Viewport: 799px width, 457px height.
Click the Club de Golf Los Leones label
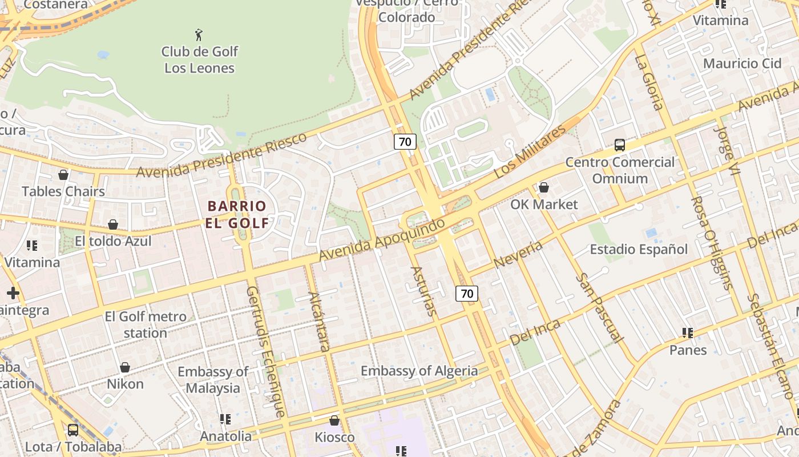(199, 59)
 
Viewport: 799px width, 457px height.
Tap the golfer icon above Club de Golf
(199, 34)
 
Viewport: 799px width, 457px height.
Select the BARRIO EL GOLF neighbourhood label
(237, 214)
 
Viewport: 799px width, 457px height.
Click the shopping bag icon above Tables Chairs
(63, 174)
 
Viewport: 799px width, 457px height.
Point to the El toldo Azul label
(113, 241)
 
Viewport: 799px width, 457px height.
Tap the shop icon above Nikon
(125, 367)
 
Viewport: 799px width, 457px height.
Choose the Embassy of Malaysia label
(213, 380)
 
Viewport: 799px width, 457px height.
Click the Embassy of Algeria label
(419, 371)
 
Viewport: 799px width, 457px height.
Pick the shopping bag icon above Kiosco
(334, 421)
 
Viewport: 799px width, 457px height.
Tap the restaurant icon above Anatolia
(225, 419)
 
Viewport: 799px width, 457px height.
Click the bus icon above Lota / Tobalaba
(73, 430)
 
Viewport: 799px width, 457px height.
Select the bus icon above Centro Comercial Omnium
(620, 145)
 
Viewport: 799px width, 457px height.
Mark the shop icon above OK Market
(544, 187)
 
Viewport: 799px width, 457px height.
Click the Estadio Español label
(638, 249)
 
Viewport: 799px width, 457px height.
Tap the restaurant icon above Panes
(688, 332)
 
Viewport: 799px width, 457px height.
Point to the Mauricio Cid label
(742, 63)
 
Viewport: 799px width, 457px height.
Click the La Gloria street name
(649, 82)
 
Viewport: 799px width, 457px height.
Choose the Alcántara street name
(319, 322)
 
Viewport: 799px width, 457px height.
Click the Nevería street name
(518, 254)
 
